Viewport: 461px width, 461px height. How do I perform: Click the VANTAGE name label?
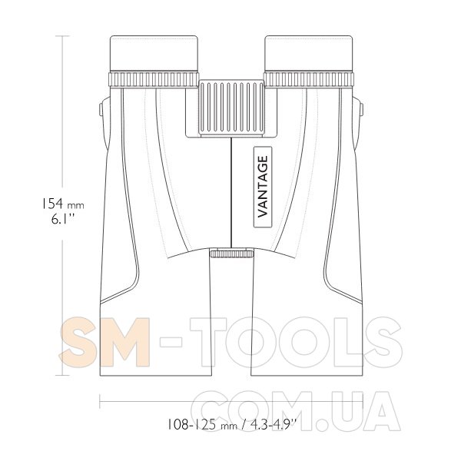[x=263, y=187]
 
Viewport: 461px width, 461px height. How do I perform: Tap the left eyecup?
[x=154, y=53]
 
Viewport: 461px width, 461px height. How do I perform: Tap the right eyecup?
[x=309, y=53]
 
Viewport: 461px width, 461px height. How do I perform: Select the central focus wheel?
[x=231, y=108]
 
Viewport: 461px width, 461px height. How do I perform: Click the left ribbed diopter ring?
[x=154, y=79]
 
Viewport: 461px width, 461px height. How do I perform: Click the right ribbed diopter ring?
[x=309, y=79]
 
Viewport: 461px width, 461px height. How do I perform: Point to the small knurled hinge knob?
[x=232, y=253]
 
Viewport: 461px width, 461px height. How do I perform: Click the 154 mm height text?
[x=62, y=204]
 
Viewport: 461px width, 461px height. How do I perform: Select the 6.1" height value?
[x=63, y=219]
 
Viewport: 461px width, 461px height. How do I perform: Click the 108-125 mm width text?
[x=202, y=425]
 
